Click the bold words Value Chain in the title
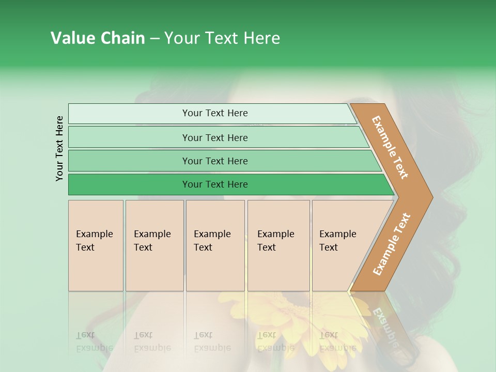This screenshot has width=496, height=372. pos(98,38)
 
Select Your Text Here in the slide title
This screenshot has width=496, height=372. pos(222,38)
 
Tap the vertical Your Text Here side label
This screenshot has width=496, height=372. pos(59,148)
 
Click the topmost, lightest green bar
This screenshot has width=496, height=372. pos(129,114)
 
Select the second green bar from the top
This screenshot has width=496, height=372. pos(129,137)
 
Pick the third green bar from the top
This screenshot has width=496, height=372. pos(129,161)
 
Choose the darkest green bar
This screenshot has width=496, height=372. pos(129,184)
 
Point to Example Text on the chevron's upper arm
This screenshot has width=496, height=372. pos(390,147)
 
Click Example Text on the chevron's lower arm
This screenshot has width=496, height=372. pos(392,244)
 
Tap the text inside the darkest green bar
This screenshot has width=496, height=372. pos(215,184)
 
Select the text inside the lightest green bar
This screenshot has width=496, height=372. pos(215,113)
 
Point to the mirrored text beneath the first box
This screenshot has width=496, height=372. pos(94,342)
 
